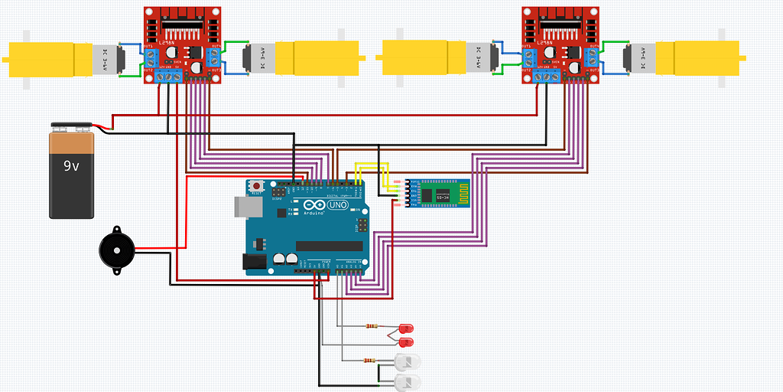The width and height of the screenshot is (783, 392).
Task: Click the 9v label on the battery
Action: click(x=71, y=165)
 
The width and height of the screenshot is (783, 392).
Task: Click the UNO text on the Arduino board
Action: click(x=337, y=206)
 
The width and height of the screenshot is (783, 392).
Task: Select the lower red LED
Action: click(x=404, y=341)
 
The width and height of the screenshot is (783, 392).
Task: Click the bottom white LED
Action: click(x=408, y=381)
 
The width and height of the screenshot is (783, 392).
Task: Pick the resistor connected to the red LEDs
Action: click(x=372, y=326)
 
